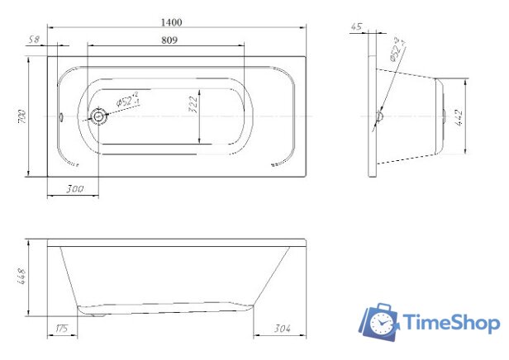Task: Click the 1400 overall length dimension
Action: pos(174,21)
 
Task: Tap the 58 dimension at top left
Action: pos(35,39)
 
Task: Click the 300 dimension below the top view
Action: pos(74,190)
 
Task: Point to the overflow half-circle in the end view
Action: pos(378,117)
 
